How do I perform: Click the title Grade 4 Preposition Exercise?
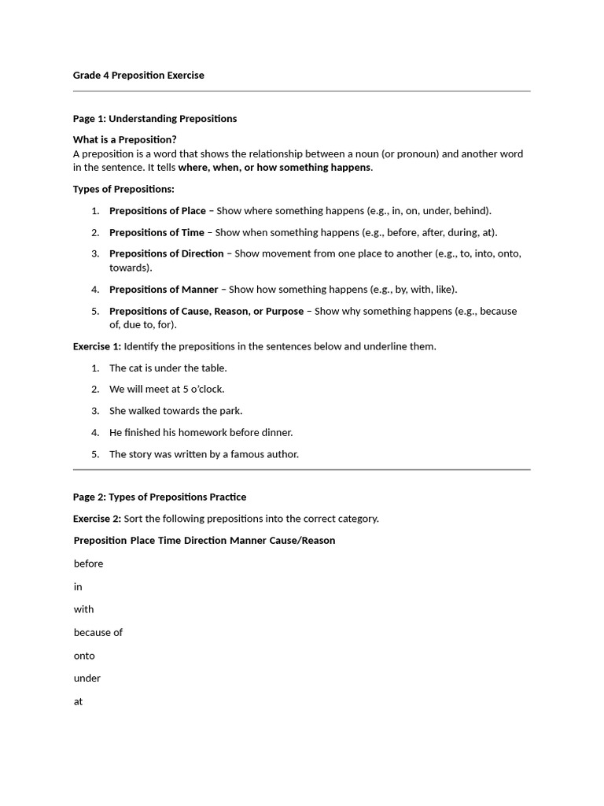[x=138, y=76]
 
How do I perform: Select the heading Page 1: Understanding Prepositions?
[x=155, y=119]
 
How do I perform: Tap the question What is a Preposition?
[x=125, y=139]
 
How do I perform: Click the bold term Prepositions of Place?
[x=157, y=211]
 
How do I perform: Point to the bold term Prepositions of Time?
[x=157, y=232]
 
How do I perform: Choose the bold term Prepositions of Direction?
[x=166, y=253]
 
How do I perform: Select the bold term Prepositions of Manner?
[x=164, y=290]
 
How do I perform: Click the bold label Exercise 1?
[x=97, y=346]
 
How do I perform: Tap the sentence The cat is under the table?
[x=168, y=368]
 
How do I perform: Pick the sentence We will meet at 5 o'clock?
[x=167, y=389]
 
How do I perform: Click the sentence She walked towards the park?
[x=175, y=411]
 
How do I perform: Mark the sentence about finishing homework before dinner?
[x=201, y=432]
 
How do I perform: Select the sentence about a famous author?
[x=204, y=454]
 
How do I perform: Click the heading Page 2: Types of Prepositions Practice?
[x=160, y=497]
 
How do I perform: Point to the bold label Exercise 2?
[x=97, y=519]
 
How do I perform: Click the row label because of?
[x=98, y=632]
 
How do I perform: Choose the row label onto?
[x=84, y=656]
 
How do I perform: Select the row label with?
[x=83, y=609]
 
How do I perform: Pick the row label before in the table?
[x=88, y=564]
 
